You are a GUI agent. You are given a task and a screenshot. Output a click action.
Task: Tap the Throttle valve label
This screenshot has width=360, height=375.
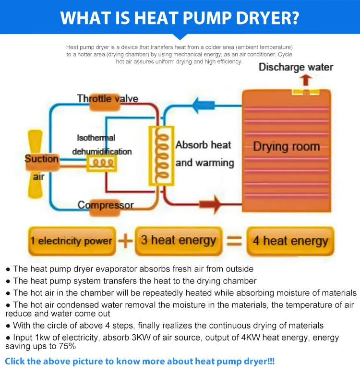pos(108,99)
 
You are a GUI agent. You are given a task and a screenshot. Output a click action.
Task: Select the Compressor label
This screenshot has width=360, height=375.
pos(106,205)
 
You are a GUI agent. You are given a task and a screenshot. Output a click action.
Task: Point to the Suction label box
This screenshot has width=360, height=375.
pos(42,159)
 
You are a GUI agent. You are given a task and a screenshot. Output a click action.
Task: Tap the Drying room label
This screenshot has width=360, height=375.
pos(286,146)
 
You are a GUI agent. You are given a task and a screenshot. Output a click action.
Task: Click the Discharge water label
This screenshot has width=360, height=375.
pos(296,67)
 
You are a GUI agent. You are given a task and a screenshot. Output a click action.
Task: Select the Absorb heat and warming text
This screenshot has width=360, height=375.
pos(204,153)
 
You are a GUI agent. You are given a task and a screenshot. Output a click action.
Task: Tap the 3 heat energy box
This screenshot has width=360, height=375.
pos(178,240)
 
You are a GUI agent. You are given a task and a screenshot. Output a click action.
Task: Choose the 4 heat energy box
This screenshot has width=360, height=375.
pos(290,241)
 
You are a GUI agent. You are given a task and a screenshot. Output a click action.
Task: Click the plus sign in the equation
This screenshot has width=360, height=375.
pos(125,241)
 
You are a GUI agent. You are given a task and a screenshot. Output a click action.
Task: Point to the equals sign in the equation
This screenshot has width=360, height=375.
pos(234,241)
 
